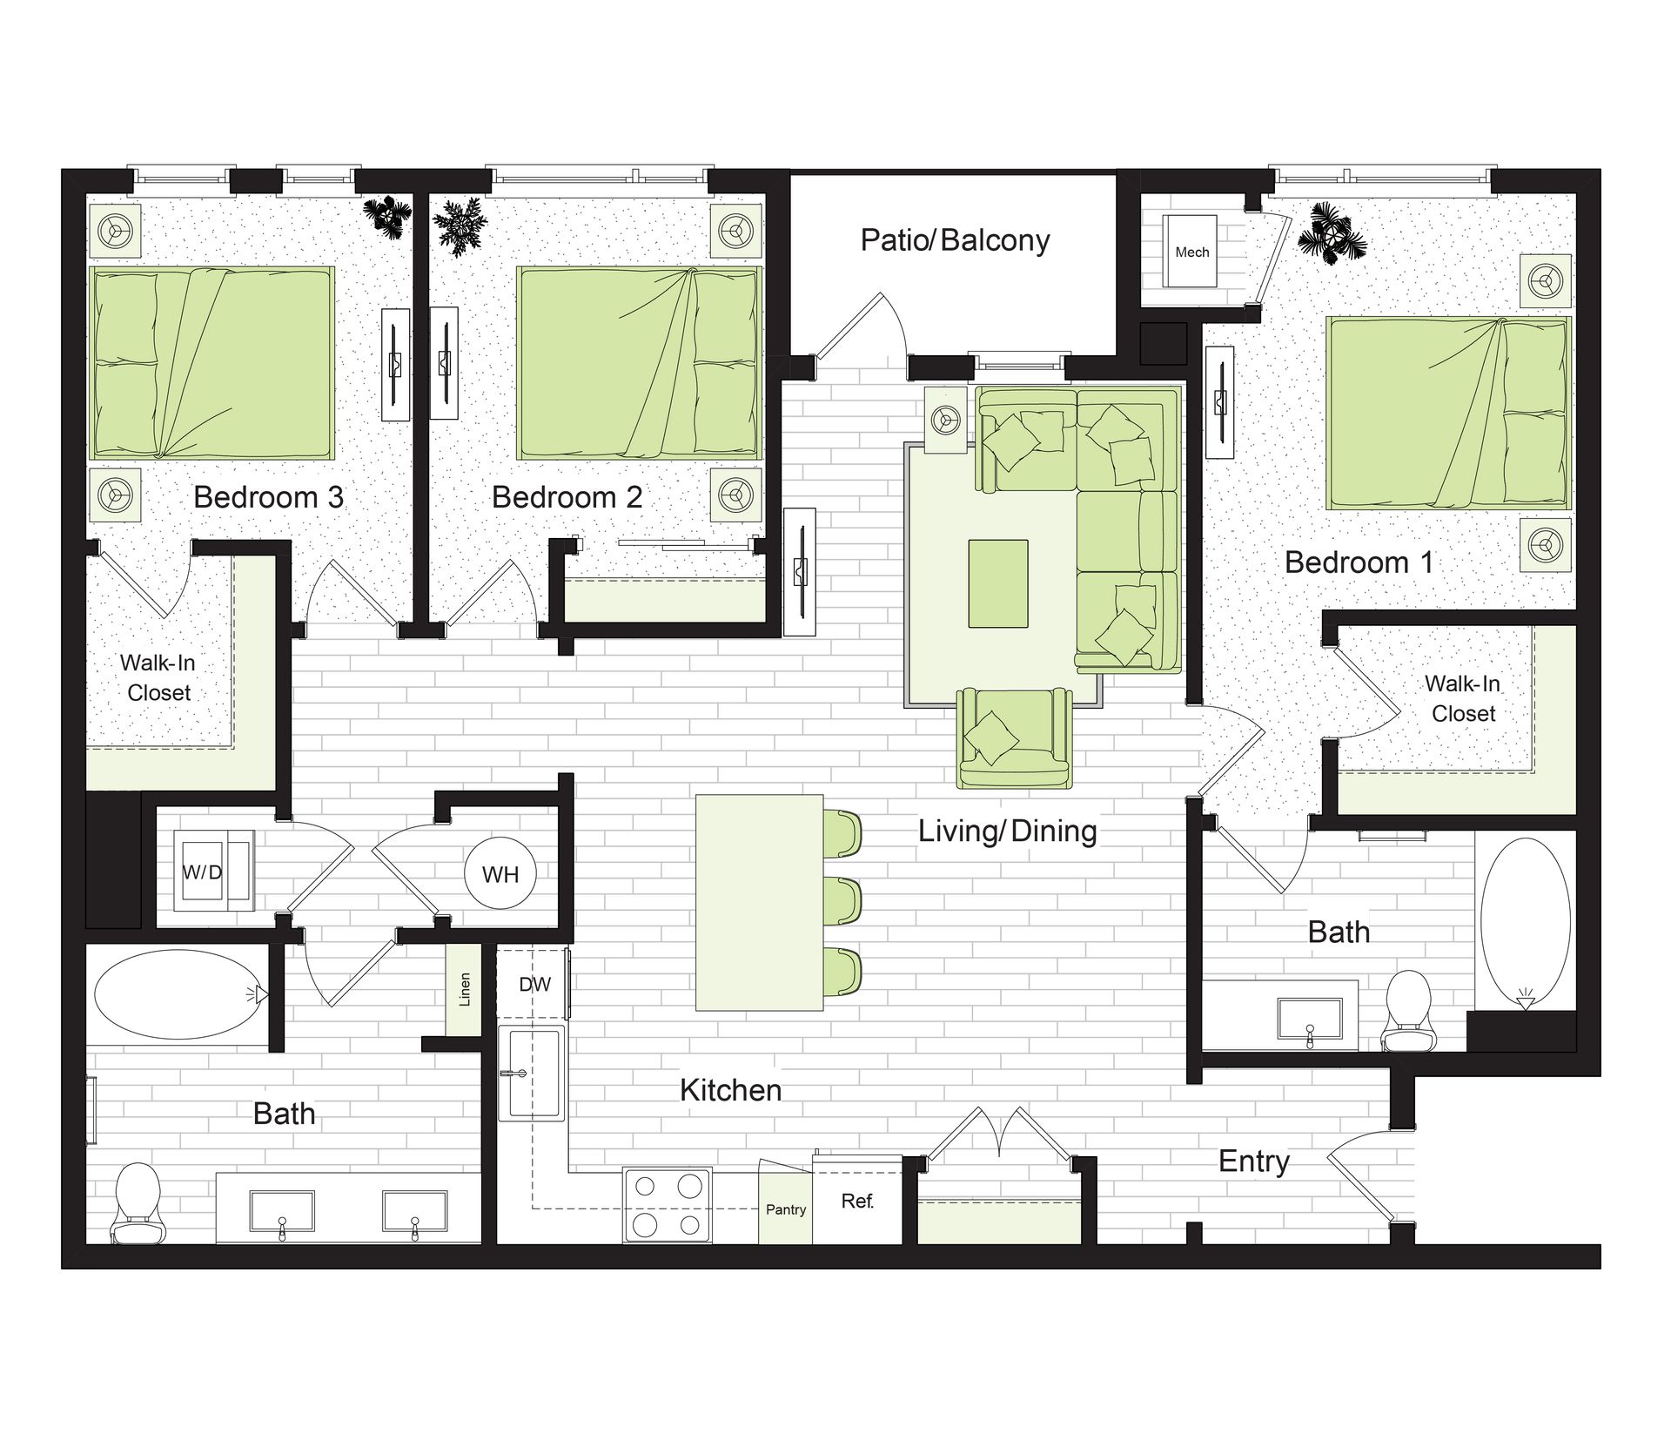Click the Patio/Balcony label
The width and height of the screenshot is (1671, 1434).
point(955,240)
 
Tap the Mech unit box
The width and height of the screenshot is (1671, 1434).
point(1191,252)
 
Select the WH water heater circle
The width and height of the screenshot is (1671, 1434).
point(500,874)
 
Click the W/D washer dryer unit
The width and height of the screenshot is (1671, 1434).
point(213,871)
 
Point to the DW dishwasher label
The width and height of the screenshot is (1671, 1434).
point(534,984)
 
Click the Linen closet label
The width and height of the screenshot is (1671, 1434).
point(465,990)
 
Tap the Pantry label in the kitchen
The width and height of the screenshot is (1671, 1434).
point(786,1209)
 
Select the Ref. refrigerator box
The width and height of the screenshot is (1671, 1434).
point(857,1201)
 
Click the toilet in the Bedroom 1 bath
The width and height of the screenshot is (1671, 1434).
point(1407,1011)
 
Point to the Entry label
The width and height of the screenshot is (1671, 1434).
point(1253,1161)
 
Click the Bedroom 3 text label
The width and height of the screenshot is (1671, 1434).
point(268,497)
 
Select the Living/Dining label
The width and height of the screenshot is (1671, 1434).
point(1008,831)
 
